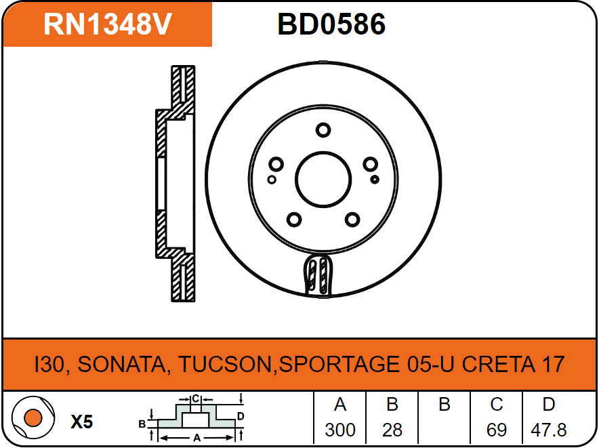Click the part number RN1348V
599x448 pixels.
[x=108, y=24]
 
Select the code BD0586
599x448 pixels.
[x=331, y=24]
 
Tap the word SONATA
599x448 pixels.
[x=122, y=364]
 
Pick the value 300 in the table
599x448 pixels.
[x=340, y=430]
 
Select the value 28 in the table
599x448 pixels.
[x=392, y=430]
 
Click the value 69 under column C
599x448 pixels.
[x=497, y=430]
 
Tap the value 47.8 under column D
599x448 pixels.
[x=549, y=430]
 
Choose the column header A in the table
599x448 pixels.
[x=340, y=405]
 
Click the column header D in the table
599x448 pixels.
[x=549, y=405]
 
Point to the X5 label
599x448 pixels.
[x=82, y=422]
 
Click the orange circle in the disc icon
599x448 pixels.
[x=33, y=418]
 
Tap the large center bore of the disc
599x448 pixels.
[x=323, y=180]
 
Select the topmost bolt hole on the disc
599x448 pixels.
[x=323, y=130]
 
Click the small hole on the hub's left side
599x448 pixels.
[x=272, y=180]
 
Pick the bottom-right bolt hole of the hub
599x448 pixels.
[x=352, y=220]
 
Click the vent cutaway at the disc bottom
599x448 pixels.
[x=318, y=274]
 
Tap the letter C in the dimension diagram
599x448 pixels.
[x=196, y=399]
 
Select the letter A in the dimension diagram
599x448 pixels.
[x=197, y=438]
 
